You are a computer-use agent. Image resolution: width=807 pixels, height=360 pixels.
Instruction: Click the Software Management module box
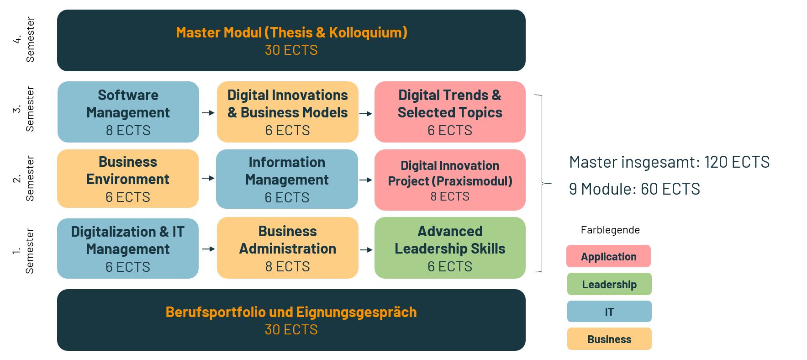pos(128,112)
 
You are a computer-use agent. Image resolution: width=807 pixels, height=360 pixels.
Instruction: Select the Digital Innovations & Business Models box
pos(288,112)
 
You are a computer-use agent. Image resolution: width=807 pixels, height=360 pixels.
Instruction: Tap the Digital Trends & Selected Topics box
pos(450,112)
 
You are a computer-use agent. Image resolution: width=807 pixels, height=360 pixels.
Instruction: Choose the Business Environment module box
pos(128,179)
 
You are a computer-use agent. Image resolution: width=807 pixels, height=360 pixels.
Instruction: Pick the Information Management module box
pos(287,179)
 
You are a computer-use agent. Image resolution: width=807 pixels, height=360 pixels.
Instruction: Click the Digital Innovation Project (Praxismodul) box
pos(450,180)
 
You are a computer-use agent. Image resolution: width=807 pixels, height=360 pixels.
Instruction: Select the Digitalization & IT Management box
pos(128,249)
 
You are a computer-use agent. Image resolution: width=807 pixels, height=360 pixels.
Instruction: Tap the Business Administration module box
pos(288,248)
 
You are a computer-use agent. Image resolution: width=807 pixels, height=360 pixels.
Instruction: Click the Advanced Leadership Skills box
pos(450,248)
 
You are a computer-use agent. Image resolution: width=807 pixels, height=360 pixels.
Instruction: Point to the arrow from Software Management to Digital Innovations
pos(208,113)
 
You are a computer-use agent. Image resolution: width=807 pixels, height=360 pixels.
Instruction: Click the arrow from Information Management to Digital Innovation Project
pos(366,180)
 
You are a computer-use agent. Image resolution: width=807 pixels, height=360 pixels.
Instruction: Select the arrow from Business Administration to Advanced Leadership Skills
pos(366,250)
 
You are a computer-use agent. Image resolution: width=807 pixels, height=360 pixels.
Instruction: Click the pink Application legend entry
pos(608,256)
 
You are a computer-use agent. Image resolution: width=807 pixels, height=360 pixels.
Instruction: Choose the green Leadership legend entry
pos(609,284)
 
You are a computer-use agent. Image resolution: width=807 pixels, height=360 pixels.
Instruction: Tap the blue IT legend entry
pos(609,312)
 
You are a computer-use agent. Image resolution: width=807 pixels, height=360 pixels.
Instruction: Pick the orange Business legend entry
pos(609,339)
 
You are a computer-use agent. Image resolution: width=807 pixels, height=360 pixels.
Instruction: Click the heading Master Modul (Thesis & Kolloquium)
pos(291,32)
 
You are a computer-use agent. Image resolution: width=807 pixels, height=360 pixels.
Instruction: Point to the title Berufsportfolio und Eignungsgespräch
pos(291,312)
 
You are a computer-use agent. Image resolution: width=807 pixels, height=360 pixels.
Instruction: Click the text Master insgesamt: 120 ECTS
pos(670,162)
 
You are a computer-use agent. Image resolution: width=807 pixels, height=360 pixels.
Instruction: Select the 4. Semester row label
pos(24,40)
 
